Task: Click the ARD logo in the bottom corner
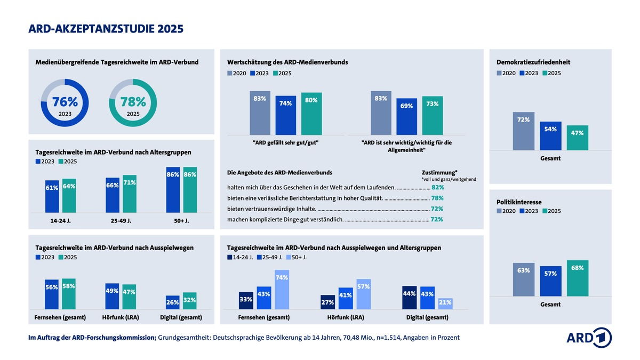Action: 589,338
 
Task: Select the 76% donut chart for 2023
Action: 65,102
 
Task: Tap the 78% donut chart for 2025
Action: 133,102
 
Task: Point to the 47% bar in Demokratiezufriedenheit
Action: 578,138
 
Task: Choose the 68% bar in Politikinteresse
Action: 578,278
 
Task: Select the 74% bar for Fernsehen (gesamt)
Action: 282,290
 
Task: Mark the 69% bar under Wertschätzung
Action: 406,116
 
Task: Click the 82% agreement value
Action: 437,187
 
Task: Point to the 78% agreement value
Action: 437,198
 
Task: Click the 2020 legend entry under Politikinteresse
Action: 506,211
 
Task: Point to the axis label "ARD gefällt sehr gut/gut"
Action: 285,142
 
